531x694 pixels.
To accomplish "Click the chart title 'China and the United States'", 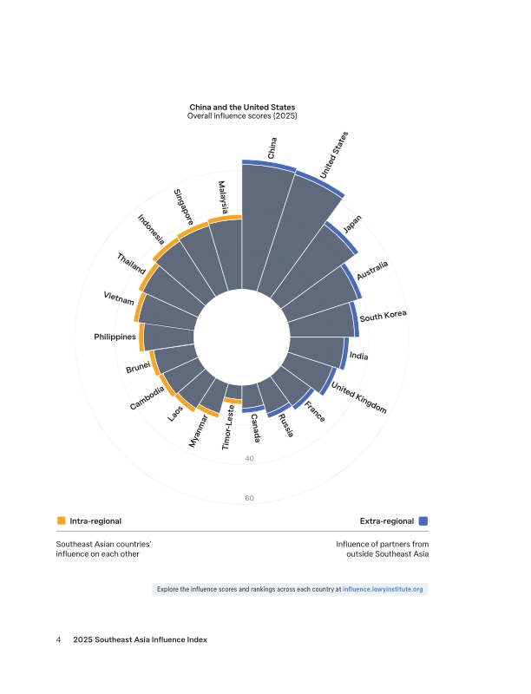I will tap(242, 108).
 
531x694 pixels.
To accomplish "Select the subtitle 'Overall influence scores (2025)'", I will tap(242, 116).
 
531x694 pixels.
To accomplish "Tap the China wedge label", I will tap(273, 147).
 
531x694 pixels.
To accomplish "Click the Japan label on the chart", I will tap(352, 224).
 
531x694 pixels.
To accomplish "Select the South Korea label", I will tap(383, 316).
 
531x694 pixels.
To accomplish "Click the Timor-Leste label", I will tap(229, 427).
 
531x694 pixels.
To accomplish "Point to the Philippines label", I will tap(115, 336).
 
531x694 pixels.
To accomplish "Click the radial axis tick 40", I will tap(250, 458).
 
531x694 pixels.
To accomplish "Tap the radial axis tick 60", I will tap(250, 498).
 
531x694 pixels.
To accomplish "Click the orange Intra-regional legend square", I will tap(62, 520).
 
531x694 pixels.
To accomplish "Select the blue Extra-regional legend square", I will tap(423, 520).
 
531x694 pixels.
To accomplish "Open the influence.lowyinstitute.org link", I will tap(383, 589).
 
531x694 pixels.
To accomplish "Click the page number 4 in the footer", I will tap(59, 639).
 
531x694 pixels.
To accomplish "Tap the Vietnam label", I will tap(119, 299).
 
